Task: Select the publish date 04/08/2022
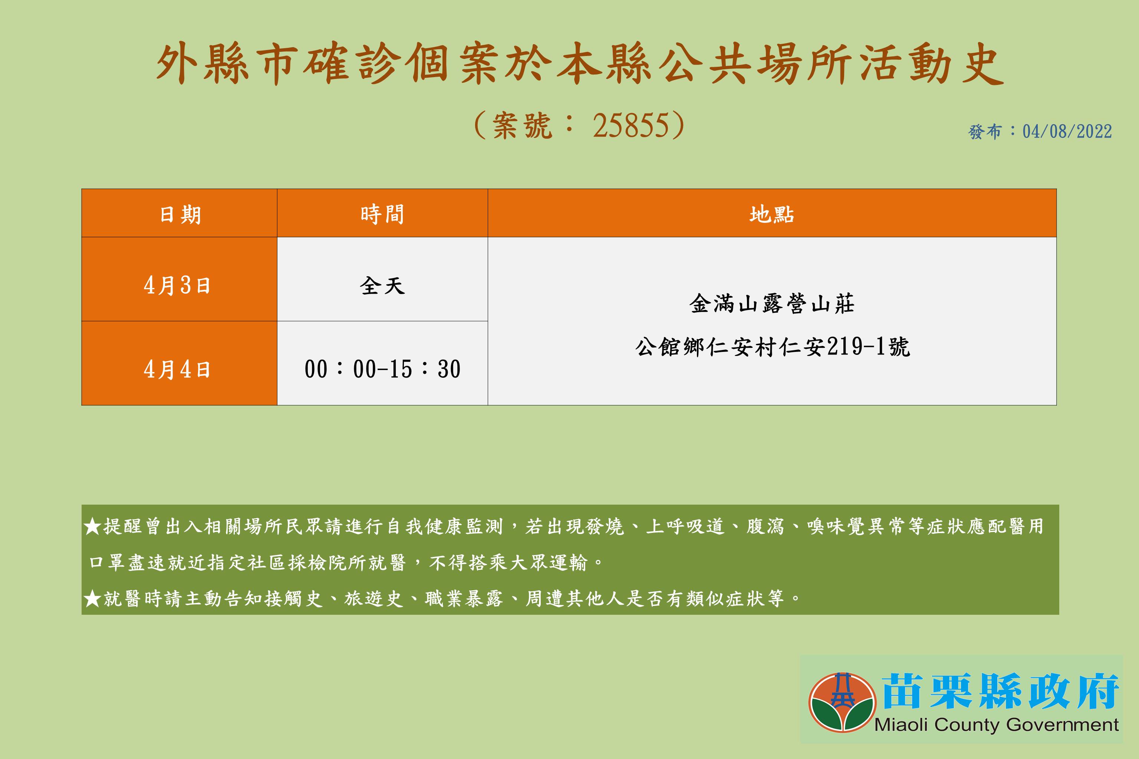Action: [x=1067, y=132]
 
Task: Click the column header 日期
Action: [x=180, y=214]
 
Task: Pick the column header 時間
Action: [x=382, y=214]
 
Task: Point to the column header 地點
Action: [x=771, y=214]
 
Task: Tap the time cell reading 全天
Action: [x=382, y=286]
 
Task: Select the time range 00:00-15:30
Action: [x=382, y=369]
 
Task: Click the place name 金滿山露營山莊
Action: [x=771, y=304]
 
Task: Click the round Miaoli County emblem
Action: [x=842, y=702]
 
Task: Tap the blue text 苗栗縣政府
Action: [x=1000, y=691]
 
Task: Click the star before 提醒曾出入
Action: [x=92, y=526]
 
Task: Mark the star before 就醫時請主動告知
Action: [x=92, y=599]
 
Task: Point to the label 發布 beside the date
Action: [x=985, y=132]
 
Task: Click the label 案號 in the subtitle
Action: [x=522, y=126]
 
